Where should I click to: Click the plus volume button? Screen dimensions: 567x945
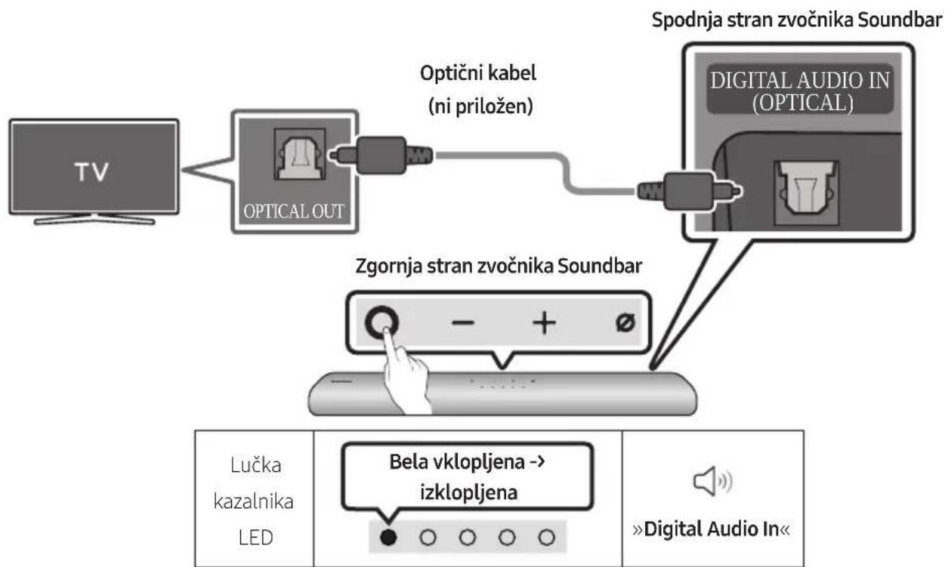click(544, 323)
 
